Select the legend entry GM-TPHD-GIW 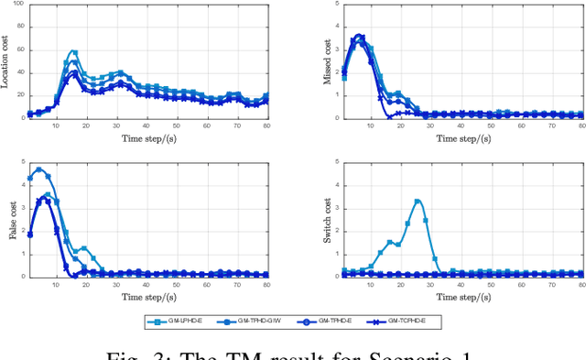tap(250, 322)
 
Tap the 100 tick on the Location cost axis tap(18, 6)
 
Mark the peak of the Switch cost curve tap(417, 201)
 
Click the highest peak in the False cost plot tap(38, 169)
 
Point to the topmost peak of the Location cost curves tap(72, 51)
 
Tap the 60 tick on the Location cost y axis tap(20, 51)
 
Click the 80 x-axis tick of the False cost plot tap(266, 283)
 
